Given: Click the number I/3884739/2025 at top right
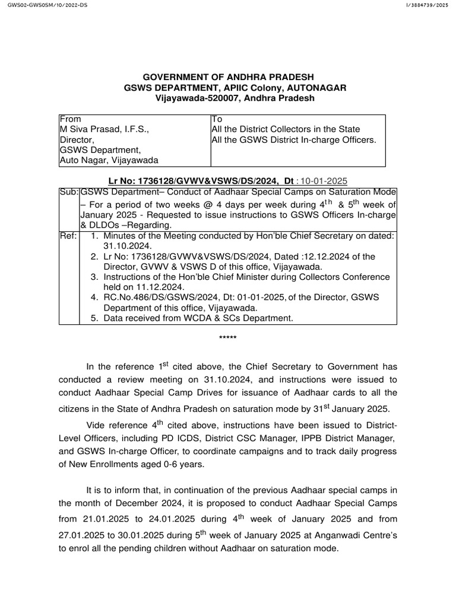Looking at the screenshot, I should [x=427, y=5].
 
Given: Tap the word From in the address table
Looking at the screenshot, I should [x=70, y=119].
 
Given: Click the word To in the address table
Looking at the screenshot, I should [x=217, y=119].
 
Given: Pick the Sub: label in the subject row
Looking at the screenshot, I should [x=69, y=193].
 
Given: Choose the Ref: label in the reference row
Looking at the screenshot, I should [x=68, y=235].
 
